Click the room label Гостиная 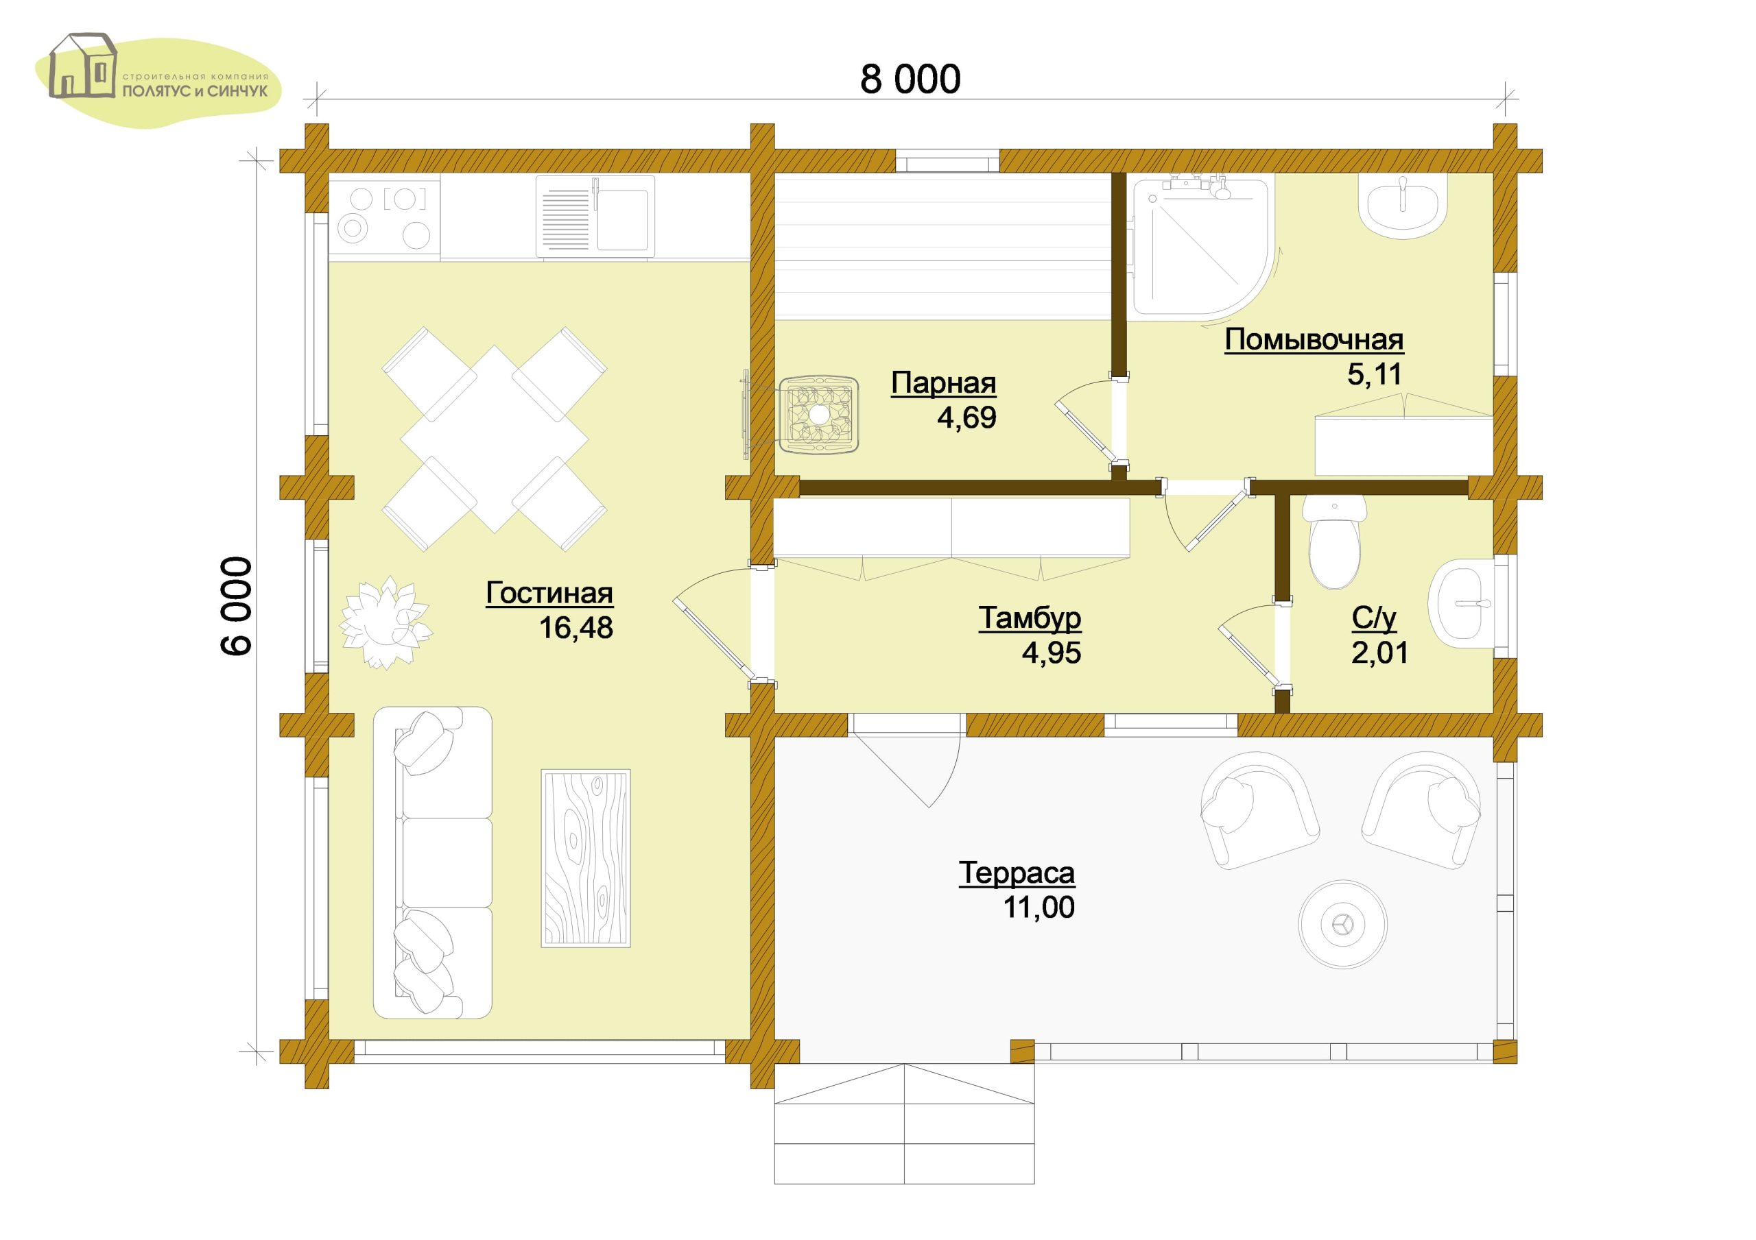click(x=549, y=593)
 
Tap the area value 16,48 click(x=576, y=628)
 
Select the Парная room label click(x=943, y=383)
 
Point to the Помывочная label click(x=1314, y=339)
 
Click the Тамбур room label click(x=1030, y=618)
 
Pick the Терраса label click(x=1017, y=873)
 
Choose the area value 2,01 click(x=1379, y=653)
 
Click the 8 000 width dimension click(x=910, y=80)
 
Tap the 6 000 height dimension click(x=237, y=605)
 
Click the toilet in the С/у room click(x=1335, y=542)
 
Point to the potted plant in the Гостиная click(x=385, y=622)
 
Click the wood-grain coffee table click(x=586, y=858)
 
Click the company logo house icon click(x=82, y=66)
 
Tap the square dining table click(x=494, y=439)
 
